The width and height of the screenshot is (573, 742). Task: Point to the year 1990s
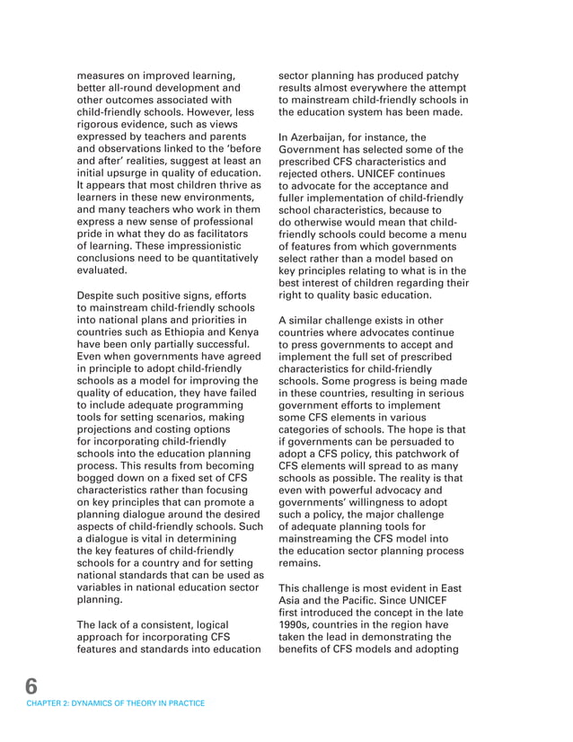(297, 623)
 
